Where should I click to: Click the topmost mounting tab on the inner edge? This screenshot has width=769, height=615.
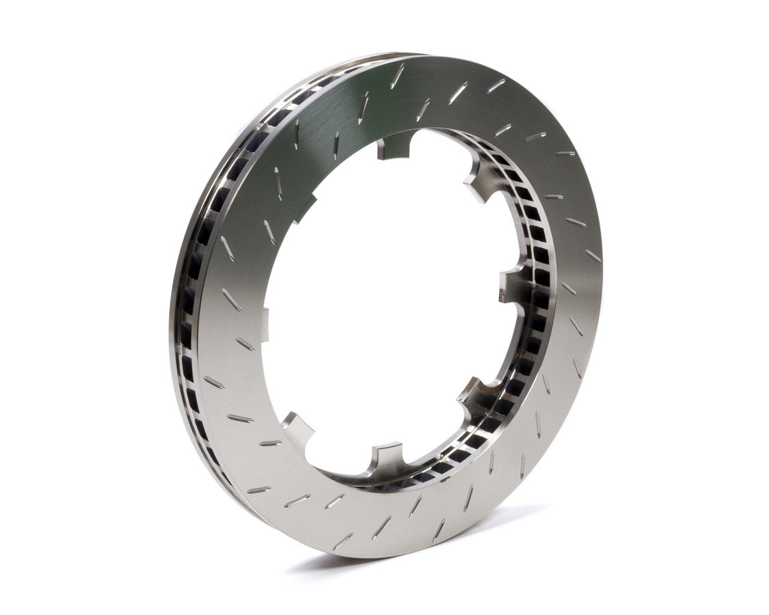(394, 145)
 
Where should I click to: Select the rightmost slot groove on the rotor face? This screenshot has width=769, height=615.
(592, 256)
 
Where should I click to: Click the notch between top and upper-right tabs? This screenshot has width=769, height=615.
(437, 140)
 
